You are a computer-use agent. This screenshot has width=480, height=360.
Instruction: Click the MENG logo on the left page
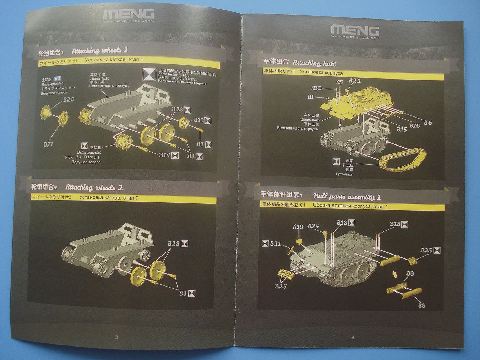[129, 14]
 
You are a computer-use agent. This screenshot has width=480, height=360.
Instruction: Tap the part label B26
[68, 99]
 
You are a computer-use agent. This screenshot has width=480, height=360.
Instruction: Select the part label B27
[48, 144]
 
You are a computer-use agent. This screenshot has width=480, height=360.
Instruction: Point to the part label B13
[198, 120]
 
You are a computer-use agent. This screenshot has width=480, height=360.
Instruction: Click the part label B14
[164, 155]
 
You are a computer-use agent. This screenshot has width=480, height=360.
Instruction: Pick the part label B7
[200, 144]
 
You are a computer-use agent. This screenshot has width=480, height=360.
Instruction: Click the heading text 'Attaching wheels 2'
[94, 187]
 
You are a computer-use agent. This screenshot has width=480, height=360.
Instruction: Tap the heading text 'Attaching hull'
[314, 64]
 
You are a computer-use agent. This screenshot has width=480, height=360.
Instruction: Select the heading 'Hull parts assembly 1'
[347, 197]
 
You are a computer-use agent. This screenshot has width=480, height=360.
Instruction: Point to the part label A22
[355, 81]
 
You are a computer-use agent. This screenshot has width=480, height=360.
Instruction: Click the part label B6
[427, 122]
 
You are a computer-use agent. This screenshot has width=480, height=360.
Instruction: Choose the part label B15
[401, 130]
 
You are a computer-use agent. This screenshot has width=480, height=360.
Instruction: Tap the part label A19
[298, 227]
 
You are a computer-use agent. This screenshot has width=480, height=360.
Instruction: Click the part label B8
[421, 305]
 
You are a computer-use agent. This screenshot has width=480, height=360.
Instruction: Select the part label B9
[410, 273]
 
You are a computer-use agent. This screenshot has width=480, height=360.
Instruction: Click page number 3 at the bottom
[116, 337]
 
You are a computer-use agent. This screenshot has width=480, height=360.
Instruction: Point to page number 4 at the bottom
[353, 338]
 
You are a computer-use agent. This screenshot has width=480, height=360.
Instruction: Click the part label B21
[276, 244]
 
